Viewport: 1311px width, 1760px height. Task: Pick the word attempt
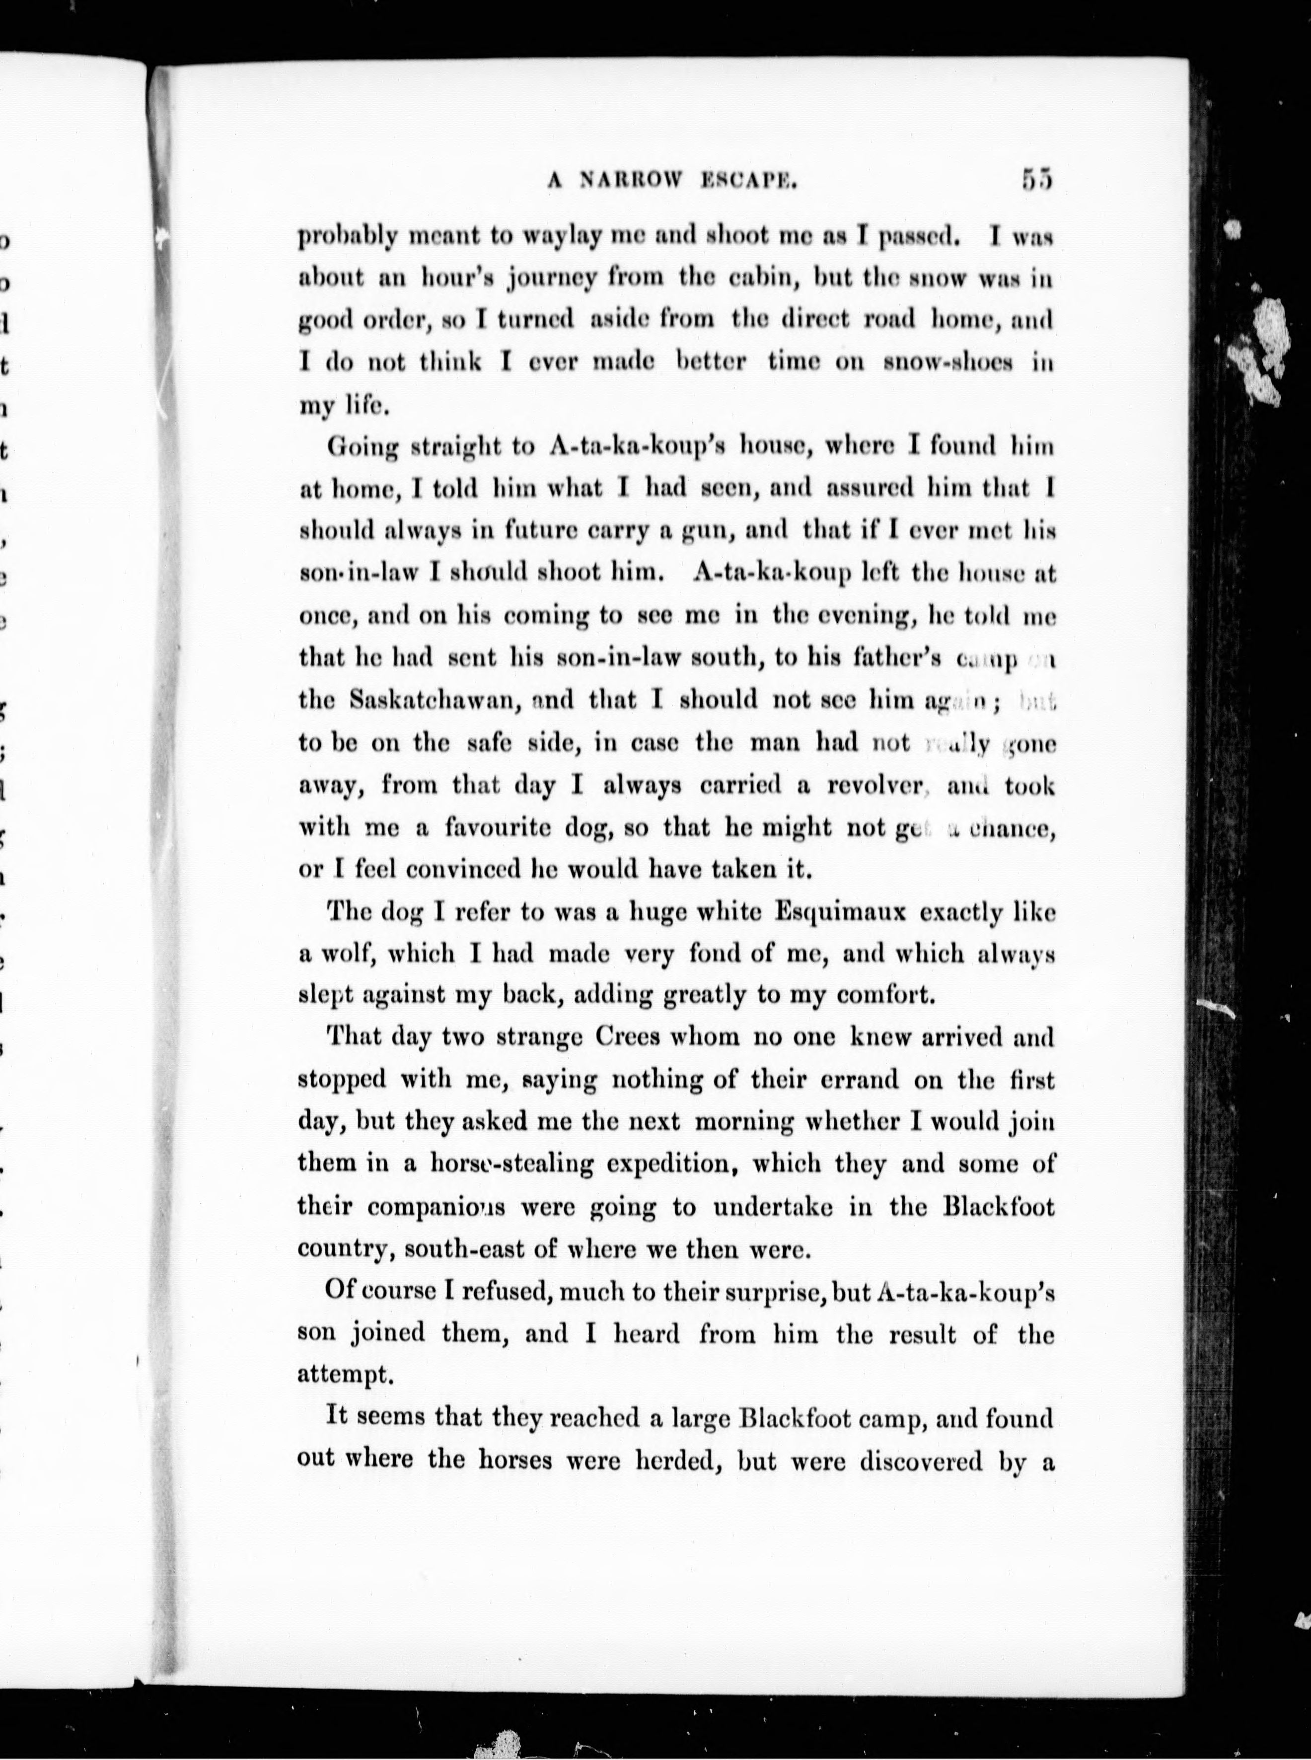point(345,1374)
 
